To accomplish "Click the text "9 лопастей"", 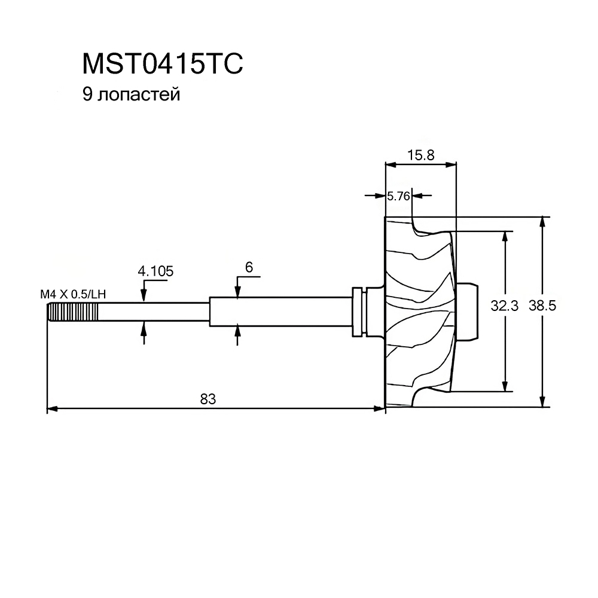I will point(132,94).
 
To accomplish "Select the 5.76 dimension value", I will point(398,196).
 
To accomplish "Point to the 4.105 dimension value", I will point(155,271).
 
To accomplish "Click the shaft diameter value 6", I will point(249,267).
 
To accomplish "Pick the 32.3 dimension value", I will point(504,306).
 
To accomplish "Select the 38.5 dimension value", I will point(542,306).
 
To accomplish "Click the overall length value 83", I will point(207,399).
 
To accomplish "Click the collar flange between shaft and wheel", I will point(359,312).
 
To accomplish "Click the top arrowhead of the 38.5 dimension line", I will point(542,221).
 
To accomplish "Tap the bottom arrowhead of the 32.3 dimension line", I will point(506,386).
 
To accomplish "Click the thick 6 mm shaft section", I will point(278,312).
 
